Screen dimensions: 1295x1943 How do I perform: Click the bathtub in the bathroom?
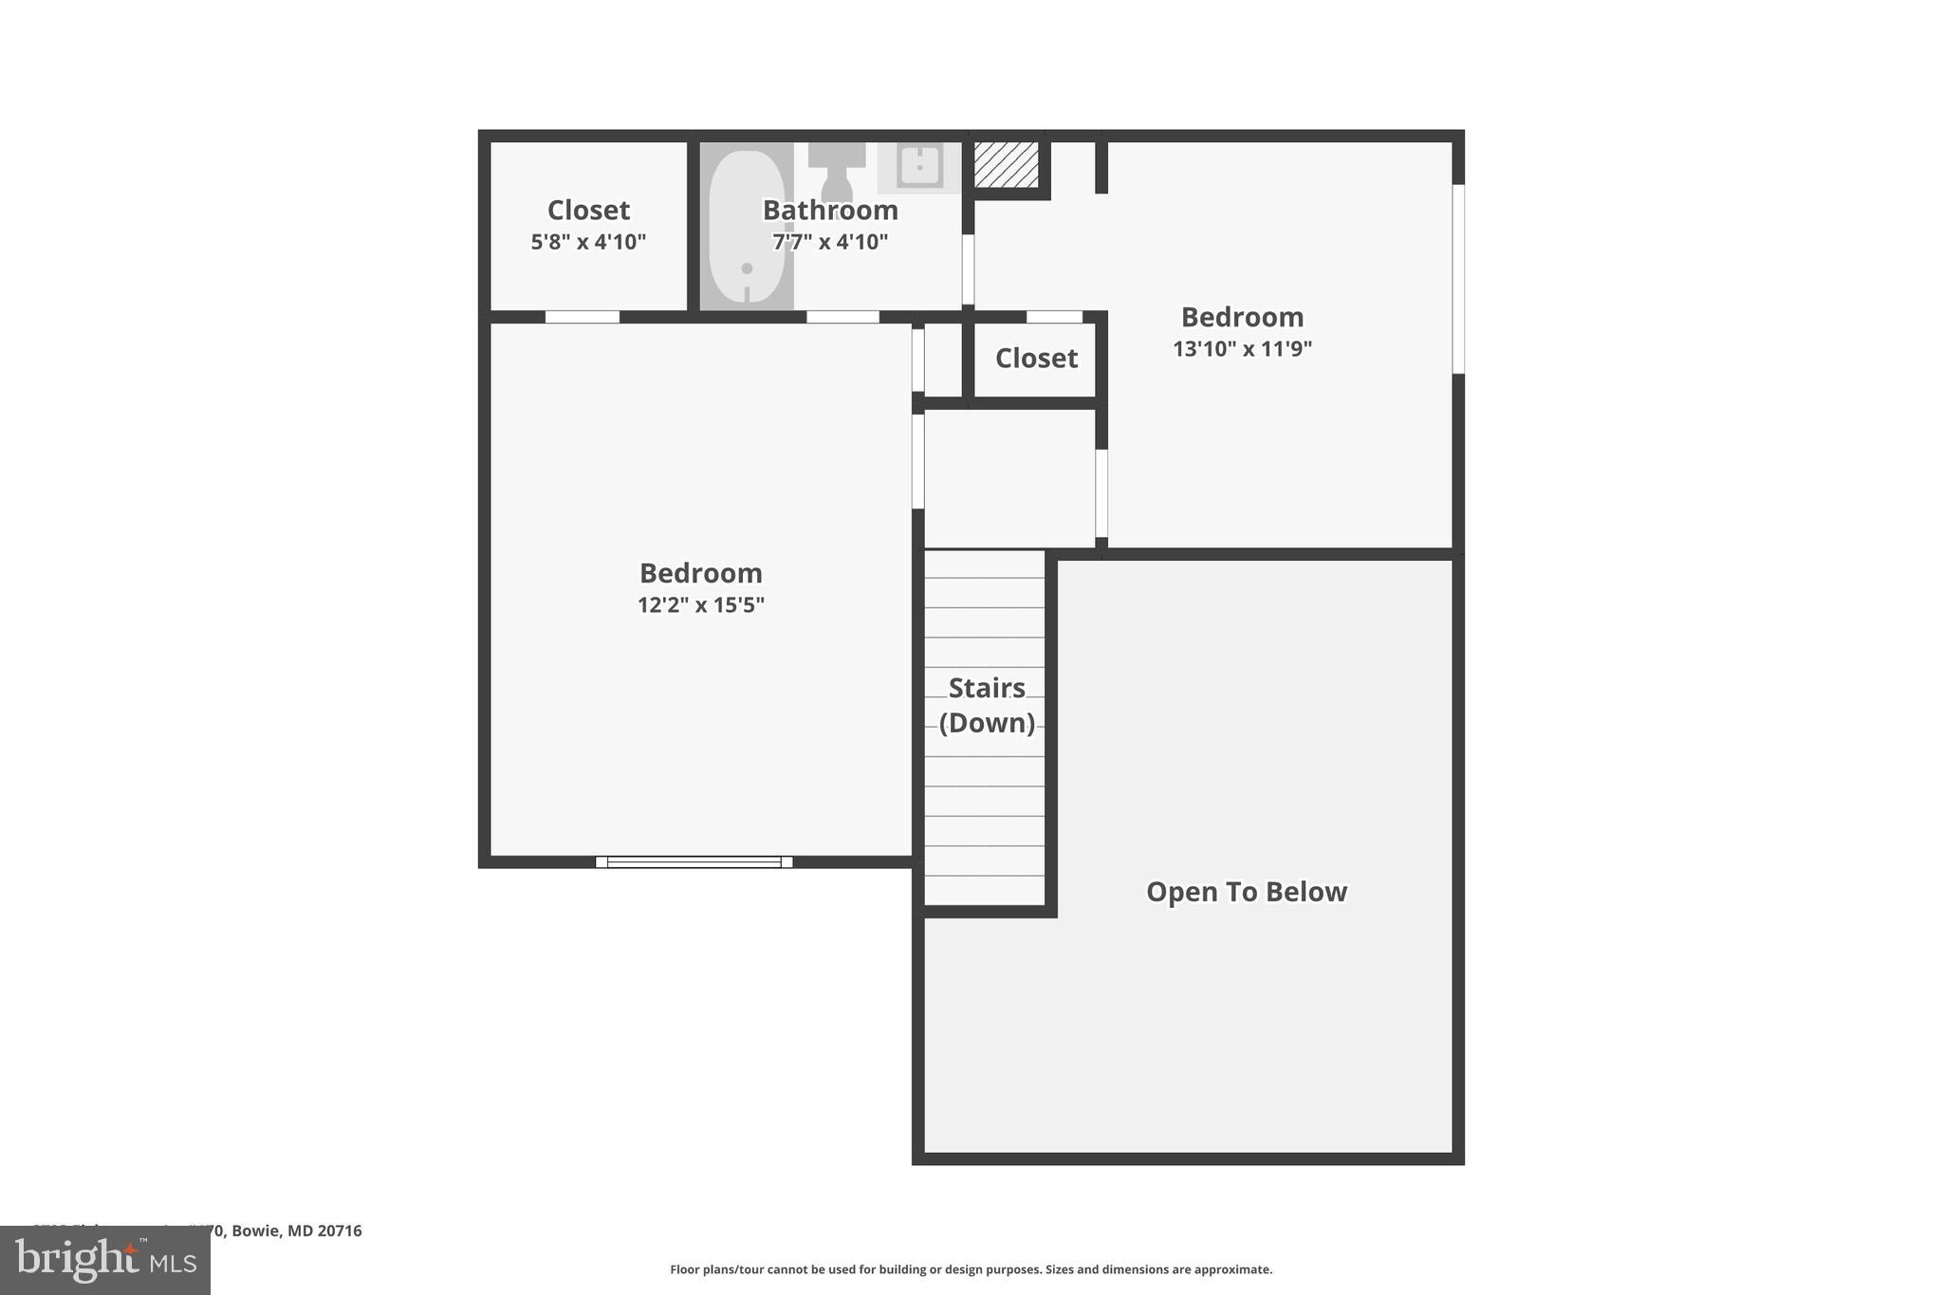click(x=746, y=228)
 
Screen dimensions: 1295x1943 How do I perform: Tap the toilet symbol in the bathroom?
click(x=837, y=171)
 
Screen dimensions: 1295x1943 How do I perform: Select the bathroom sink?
click(x=918, y=167)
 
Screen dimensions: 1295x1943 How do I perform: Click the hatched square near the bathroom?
click(x=1007, y=165)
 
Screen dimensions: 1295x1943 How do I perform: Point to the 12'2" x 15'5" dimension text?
click(x=700, y=604)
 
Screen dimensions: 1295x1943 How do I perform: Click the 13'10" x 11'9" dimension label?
click(x=1242, y=348)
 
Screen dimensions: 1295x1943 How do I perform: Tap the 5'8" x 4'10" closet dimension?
click(x=588, y=241)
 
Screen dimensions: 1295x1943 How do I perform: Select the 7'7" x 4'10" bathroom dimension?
click(x=830, y=241)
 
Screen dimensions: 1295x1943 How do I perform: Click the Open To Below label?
click(x=1246, y=892)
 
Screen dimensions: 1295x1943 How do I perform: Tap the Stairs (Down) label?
click(x=987, y=705)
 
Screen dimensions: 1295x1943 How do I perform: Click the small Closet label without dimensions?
click(x=1036, y=358)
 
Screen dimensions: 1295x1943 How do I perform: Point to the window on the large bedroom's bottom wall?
click(x=694, y=861)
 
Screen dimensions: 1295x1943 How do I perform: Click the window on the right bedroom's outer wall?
click(x=1458, y=279)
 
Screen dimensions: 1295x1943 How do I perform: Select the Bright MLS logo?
click(x=105, y=1260)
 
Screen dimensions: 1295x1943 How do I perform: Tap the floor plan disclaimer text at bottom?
click(x=971, y=1269)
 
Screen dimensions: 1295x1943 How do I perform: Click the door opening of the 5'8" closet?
click(x=582, y=317)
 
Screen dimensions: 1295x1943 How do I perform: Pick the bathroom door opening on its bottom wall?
click(x=842, y=317)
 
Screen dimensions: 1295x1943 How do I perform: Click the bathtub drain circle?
click(x=747, y=268)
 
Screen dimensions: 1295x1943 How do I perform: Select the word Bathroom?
click(x=830, y=210)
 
